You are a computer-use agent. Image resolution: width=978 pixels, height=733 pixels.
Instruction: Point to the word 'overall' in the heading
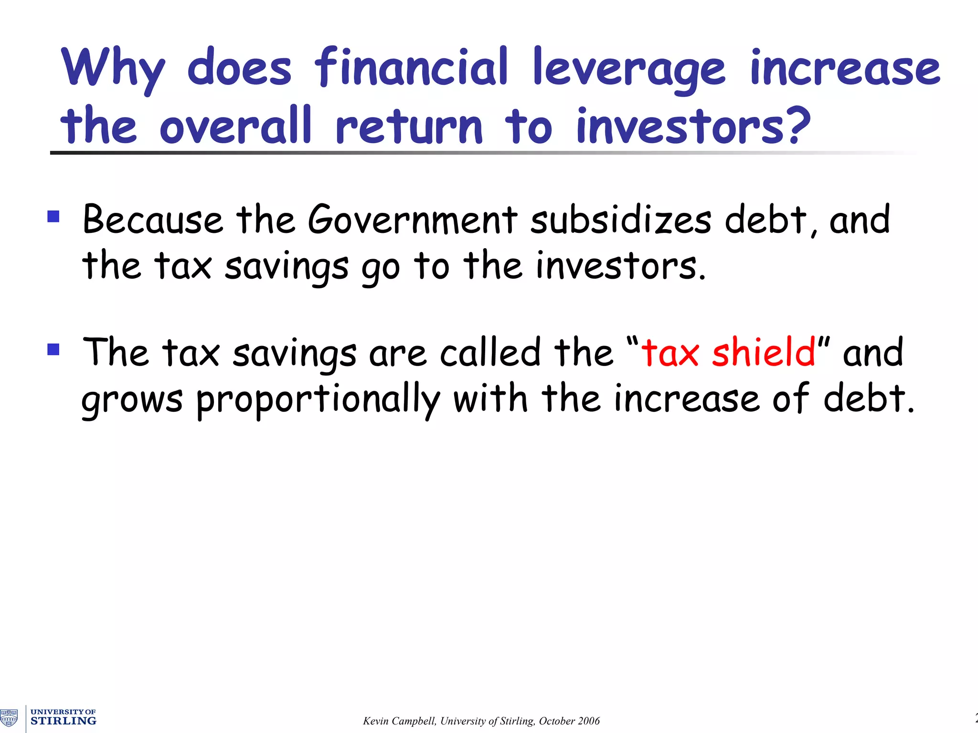pyautogui.click(x=235, y=126)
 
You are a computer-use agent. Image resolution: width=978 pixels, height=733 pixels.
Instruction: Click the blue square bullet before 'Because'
pyautogui.click(x=53, y=217)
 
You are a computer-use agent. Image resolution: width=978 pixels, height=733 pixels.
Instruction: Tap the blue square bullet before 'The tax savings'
pyautogui.click(x=53, y=349)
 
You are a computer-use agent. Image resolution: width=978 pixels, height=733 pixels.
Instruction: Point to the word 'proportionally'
pyautogui.click(x=318, y=400)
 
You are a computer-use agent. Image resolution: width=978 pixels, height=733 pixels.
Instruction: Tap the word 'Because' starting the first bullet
pyautogui.click(x=153, y=220)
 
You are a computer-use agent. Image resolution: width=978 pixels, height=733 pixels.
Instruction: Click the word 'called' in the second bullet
pyautogui.click(x=490, y=352)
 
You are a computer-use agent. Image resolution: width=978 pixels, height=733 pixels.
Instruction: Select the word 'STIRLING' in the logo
pyautogui.click(x=64, y=721)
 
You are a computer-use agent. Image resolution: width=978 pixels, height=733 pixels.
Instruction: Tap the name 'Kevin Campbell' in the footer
pyautogui.click(x=399, y=721)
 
